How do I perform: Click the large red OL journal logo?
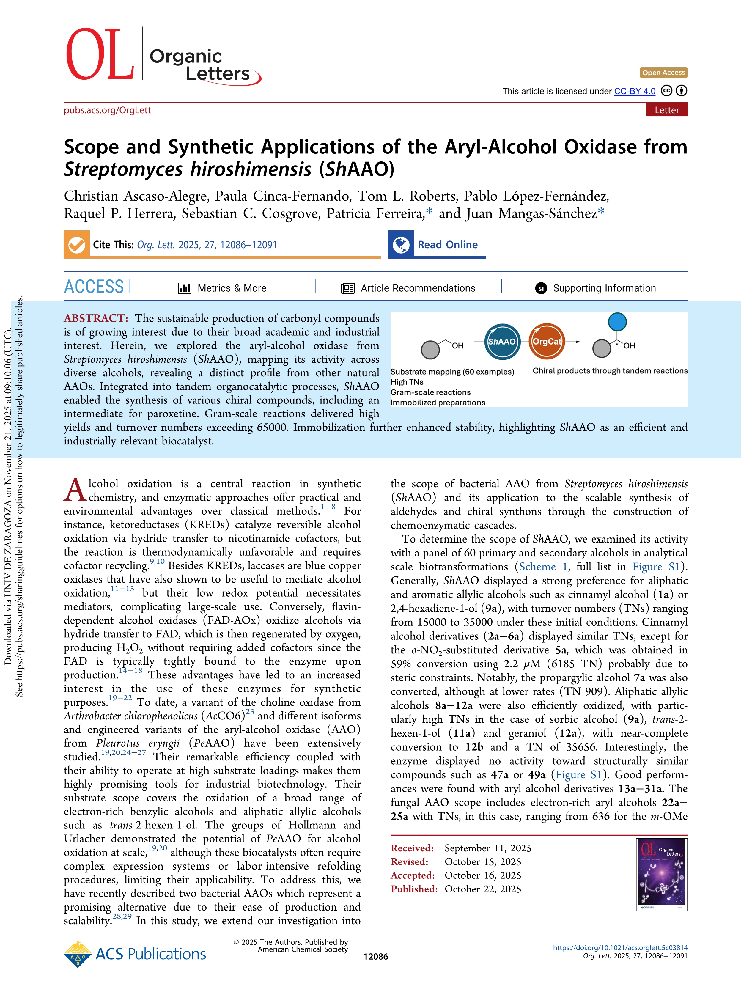100,55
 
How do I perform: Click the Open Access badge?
663,73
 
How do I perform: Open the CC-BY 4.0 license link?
635,92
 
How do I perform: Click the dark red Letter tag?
666,110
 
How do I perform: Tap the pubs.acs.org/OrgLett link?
107,110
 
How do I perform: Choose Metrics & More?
231,288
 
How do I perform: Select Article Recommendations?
418,288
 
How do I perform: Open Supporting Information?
604,288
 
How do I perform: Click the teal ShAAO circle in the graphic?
502,342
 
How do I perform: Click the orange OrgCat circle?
547,342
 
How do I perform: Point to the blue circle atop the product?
617,322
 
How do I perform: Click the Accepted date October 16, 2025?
482,875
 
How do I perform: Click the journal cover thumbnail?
661,875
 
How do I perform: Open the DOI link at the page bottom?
620,948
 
